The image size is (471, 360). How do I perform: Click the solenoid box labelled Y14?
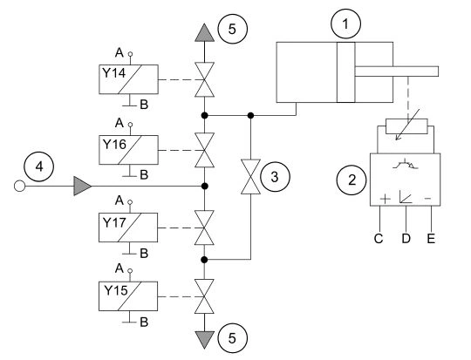point(128,79)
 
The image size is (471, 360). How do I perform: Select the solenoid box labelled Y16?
point(128,150)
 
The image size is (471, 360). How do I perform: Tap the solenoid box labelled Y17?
point(128,228)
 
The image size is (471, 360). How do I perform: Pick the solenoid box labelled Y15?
point(128,296)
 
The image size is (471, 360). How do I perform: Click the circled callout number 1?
point(345,24)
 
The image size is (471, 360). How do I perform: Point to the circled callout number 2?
point(352,180)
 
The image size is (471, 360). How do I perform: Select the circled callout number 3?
point(275,177)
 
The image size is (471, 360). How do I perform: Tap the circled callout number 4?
point(39,166)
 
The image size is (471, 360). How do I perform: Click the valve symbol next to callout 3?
point(250,177)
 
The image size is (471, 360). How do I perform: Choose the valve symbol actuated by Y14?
point(205,79)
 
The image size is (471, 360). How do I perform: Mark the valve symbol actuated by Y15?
point(204,296)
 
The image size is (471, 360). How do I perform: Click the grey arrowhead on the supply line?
point(83,187)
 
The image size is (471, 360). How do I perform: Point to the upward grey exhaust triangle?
point(205,32)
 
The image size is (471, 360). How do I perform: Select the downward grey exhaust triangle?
point(204,340)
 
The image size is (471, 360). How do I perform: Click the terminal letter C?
point(379,239)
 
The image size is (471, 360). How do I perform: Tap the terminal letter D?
point(406,239)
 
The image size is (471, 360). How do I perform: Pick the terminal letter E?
point(431,239)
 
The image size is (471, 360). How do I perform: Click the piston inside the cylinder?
point(345,72)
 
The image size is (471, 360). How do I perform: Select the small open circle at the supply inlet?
point(19,187)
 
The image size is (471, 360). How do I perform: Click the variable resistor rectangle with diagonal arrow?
point(406,126)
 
